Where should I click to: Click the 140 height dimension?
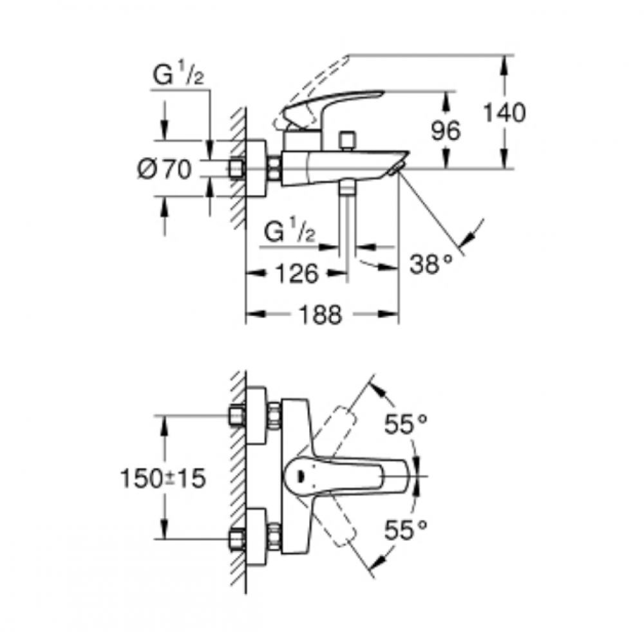(x=504, y=113)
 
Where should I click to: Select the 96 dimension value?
(x=446, y=131)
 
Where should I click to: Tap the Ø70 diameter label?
(x=164, y=169)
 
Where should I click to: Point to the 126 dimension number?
(x=296, y=274)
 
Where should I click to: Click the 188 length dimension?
(x=320, y=315)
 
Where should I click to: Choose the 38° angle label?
(x=431, y=264)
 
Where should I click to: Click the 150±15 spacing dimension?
(x=163, y=478)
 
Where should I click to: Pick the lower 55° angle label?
(x=405, y=530)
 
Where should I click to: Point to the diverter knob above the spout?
(x=347, y=140)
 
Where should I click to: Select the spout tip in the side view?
(x=396, y=168)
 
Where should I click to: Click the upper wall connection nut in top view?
(x=237, y=415)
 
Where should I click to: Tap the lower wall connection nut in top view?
(x=237, y=539)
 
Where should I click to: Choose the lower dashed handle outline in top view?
(x=339, y=521)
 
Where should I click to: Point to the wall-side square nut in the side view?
(x=236, y=168)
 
